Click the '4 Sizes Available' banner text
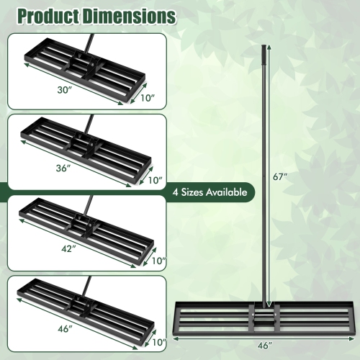pyautogui.click(x=212, y=192)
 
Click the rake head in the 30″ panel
pyautogui.click(x=79, y=71)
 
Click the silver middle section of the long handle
pyautogui.click(x=262, y=180)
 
